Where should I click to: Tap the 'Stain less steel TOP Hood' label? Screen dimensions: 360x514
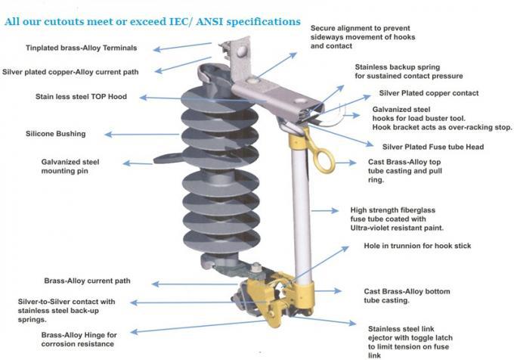82,97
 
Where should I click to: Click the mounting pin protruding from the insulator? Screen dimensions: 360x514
169,160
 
